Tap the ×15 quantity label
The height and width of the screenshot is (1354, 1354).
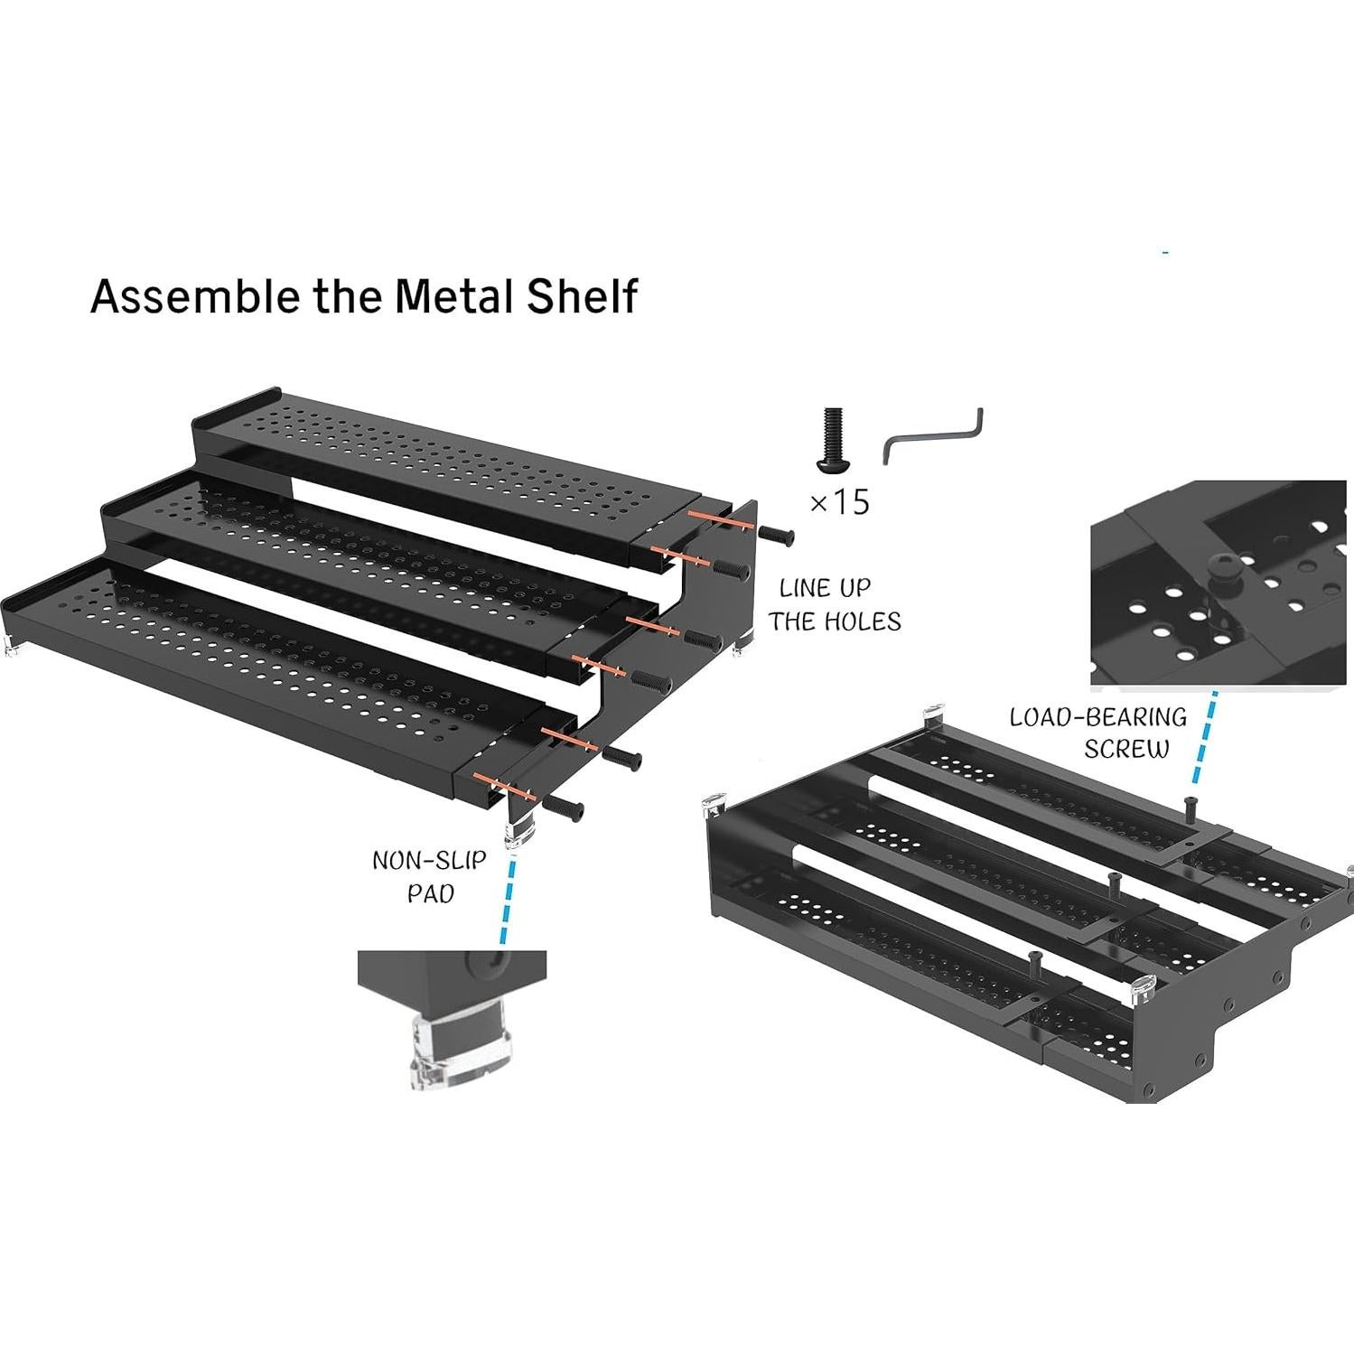tap(839, 501)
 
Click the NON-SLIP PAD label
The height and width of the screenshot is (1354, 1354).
tap(429, 876)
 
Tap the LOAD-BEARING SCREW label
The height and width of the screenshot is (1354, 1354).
tap(1098, 733)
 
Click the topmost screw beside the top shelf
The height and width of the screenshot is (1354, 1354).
tap(778, 536)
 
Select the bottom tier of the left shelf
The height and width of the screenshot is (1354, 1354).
tap(271, 650)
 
